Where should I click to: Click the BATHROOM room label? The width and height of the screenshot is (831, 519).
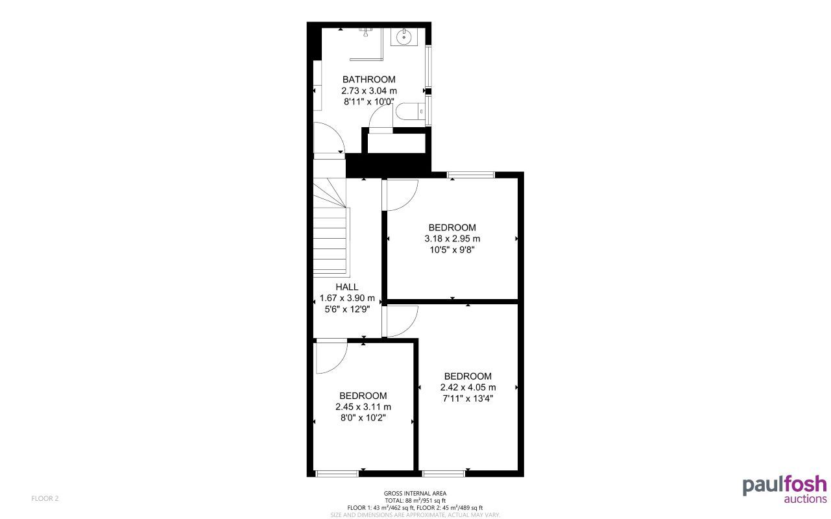coord(368,80)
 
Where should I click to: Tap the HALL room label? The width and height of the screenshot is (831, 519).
coord(347,287)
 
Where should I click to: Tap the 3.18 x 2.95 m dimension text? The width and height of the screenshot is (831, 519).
coord(452,239)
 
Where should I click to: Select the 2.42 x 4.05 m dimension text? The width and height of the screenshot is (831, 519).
coord(468,387)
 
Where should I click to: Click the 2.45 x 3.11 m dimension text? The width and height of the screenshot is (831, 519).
coord(363,407)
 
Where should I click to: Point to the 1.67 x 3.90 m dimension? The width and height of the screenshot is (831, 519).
coord(347,298)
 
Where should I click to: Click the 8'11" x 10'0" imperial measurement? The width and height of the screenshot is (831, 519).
coord(368,102)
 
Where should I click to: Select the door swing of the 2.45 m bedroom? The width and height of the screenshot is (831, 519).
coord(331,357)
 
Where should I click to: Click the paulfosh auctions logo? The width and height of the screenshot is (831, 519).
coord(784,489)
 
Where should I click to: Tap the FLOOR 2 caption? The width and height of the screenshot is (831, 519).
coord(45,498)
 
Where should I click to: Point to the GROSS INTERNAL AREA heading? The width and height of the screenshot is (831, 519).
coord(415,494)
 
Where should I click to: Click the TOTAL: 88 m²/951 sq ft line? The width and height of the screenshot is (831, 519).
coord(415,501)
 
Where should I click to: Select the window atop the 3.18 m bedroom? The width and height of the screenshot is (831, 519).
coord(471,174)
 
